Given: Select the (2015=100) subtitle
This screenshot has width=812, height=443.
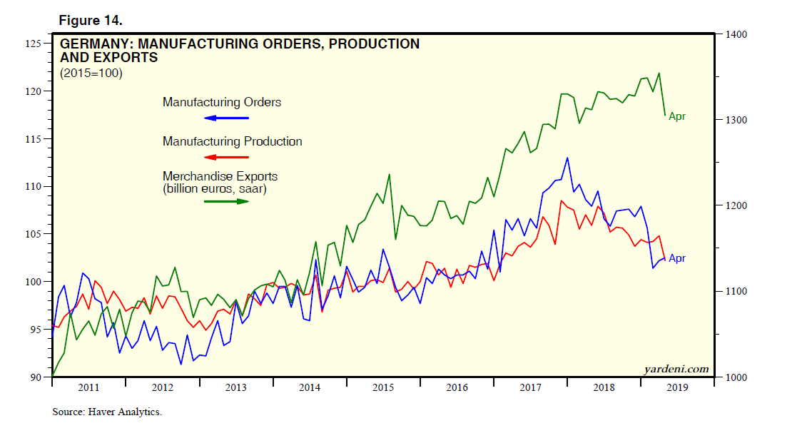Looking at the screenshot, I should click(x=91, y=73).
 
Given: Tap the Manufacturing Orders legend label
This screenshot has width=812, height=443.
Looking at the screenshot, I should click(x=222, y=102).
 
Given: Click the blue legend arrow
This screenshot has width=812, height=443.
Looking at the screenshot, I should click(x=226, y=116).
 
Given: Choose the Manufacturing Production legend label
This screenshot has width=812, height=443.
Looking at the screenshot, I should click(x=232, y=141).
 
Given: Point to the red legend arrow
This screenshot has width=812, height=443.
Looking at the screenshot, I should click(x=226, y=156).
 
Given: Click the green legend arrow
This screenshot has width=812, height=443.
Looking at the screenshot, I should click(x=226, y=201).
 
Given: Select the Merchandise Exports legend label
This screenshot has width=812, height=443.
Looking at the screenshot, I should click(x=220, y=176).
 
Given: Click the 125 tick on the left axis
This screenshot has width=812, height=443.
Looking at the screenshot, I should click(x=33, y=44).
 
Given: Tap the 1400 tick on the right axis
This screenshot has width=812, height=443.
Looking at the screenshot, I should click(x=737, y=34).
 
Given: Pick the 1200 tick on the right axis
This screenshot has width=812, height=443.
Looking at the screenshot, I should click(x=737, y=205).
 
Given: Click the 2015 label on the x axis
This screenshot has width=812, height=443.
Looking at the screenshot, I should click(x=383, y=388).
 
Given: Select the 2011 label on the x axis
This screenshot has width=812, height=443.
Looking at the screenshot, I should click(x=88, y=388).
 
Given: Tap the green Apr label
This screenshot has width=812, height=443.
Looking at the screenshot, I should click(x=676, y=116).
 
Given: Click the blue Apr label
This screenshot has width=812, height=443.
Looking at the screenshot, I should click(x=676, y=258).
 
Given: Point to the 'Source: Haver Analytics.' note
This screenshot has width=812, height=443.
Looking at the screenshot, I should click(x=107, y=412).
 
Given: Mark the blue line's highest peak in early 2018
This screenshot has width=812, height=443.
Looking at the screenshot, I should click(x=567, y=158).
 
